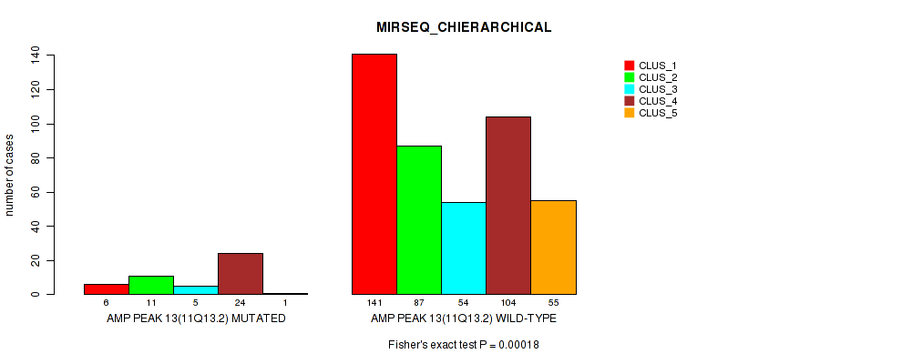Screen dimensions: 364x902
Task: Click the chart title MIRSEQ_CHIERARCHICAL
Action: click(x=464, y=27)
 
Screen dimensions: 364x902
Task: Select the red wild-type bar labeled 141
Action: click(x=374, y=174)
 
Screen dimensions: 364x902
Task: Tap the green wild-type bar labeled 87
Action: click(x=419, y=219)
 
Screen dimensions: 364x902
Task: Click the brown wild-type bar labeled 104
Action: click(x=508, y=205)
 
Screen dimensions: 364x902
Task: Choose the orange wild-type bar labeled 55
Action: click(x=553, y=247)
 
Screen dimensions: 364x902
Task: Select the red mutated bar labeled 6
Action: click(x=107, y=288)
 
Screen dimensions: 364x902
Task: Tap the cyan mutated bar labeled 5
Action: click(x=196, y=289)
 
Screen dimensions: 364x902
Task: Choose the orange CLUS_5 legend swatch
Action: click(x=629, y=113)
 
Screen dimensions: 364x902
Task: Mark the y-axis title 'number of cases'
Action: click(x=10, y=175)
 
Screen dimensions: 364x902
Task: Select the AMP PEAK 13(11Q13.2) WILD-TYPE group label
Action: click(x=464, y=318)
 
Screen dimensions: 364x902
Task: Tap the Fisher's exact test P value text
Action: click(x=464, y=345)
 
